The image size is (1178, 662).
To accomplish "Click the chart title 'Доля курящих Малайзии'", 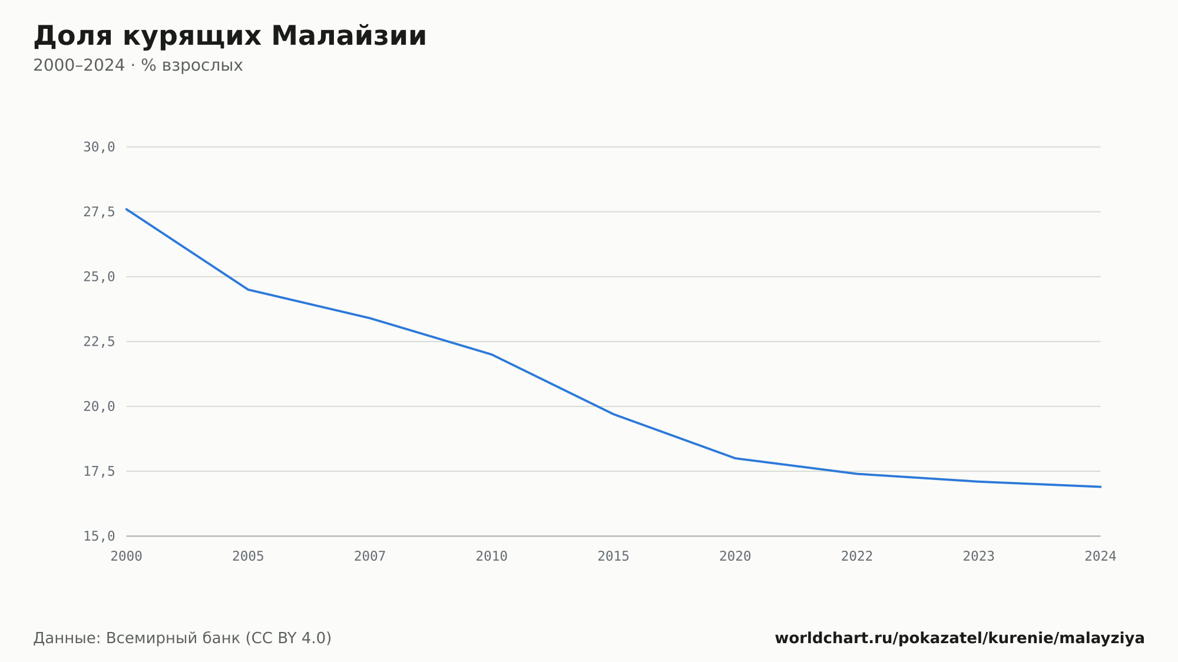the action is [x=230, y=37].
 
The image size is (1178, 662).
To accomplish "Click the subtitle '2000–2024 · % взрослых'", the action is [x=138, y=65].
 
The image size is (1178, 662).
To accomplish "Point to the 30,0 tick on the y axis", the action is [x=99, y=147].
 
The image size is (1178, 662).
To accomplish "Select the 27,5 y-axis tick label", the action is [x=99, y=212].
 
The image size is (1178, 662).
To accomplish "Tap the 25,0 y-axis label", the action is [x=99, y=277].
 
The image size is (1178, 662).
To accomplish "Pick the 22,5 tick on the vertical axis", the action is [x=99, y=342].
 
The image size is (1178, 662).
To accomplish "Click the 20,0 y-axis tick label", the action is [x=99, y=406].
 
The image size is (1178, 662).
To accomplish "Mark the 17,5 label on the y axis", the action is [x=99, y=471].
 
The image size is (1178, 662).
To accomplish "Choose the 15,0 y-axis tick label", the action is [x=99, y=536].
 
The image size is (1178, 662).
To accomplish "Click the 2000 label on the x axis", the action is [x=127, y=557].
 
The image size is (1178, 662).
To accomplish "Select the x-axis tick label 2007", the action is [x=370, y=557].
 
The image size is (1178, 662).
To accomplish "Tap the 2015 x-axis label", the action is [x=614, y=557].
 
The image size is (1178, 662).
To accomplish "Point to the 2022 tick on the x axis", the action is [x=857, y=557].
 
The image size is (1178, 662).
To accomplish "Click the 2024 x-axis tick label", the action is [x=1100, y=557].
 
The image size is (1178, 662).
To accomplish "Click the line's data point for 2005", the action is [x=248, y=289].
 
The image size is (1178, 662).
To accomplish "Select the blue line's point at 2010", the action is [x=492, y=355].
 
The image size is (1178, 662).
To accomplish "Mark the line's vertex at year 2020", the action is [x=735, y=458].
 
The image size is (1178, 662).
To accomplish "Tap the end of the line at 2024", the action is [x=1100, y=486].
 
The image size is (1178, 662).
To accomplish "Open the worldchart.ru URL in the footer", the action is [x=959, y=638].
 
